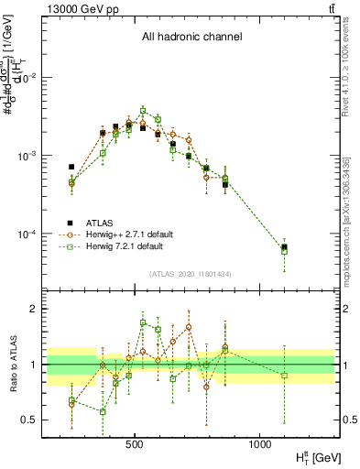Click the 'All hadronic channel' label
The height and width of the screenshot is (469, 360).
191,38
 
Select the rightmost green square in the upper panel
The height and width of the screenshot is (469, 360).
284,251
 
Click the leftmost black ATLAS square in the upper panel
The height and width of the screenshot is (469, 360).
71,167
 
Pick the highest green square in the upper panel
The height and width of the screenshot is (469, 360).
143,110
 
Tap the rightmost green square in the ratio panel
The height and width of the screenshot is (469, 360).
284,376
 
